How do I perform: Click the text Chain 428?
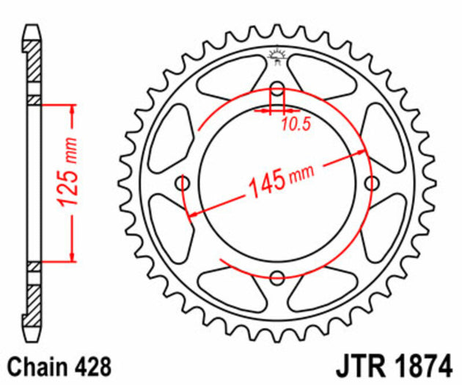point(57,364)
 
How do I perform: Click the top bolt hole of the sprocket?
point(276,91)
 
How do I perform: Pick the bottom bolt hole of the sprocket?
point(276,277)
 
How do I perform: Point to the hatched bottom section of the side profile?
point(33,294)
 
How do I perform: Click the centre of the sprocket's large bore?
point(276,184)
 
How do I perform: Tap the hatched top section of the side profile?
point(33,70)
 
